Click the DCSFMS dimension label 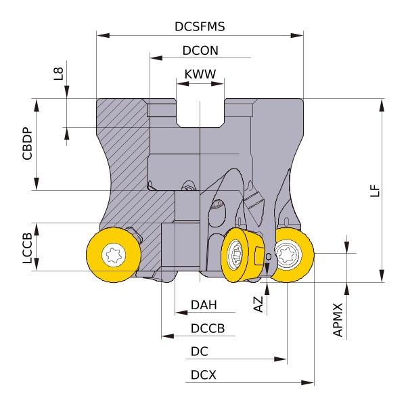(x=200, y=26)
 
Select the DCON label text (x=200, y=51)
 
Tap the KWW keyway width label (x=200, y=73)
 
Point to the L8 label (x=59, y=74)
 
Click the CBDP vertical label (x=27, y=144)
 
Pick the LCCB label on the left (x=27, y=247)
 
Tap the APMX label (x=338, y=321)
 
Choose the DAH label (x=204, y=305)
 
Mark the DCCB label (x=207, y=328)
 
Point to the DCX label (x=203, y=374)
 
